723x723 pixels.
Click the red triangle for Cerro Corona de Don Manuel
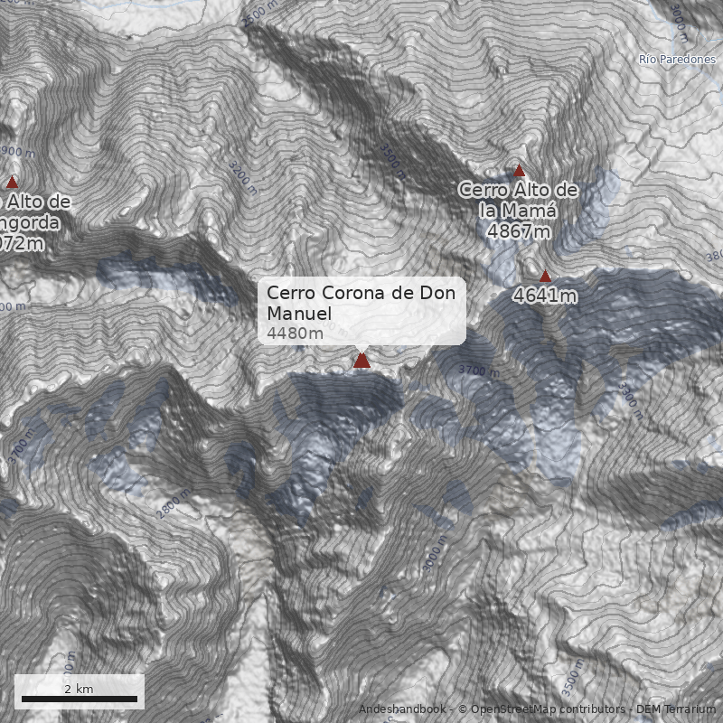point(362,361)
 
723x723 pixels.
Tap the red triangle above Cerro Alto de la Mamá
point(519,170)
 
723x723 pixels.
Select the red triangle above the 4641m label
point(545,276)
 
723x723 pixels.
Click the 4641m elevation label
point(545,295)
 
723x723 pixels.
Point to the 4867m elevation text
point(518,230)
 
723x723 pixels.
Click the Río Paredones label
point(677,60)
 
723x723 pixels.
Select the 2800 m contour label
point(173,504)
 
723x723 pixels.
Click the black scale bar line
point(80,699)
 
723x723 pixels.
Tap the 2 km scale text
point(80,689)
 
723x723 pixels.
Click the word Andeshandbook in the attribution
point(402,709)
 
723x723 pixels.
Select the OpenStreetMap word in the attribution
point(512,709)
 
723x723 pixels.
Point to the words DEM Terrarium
point(677,709)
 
